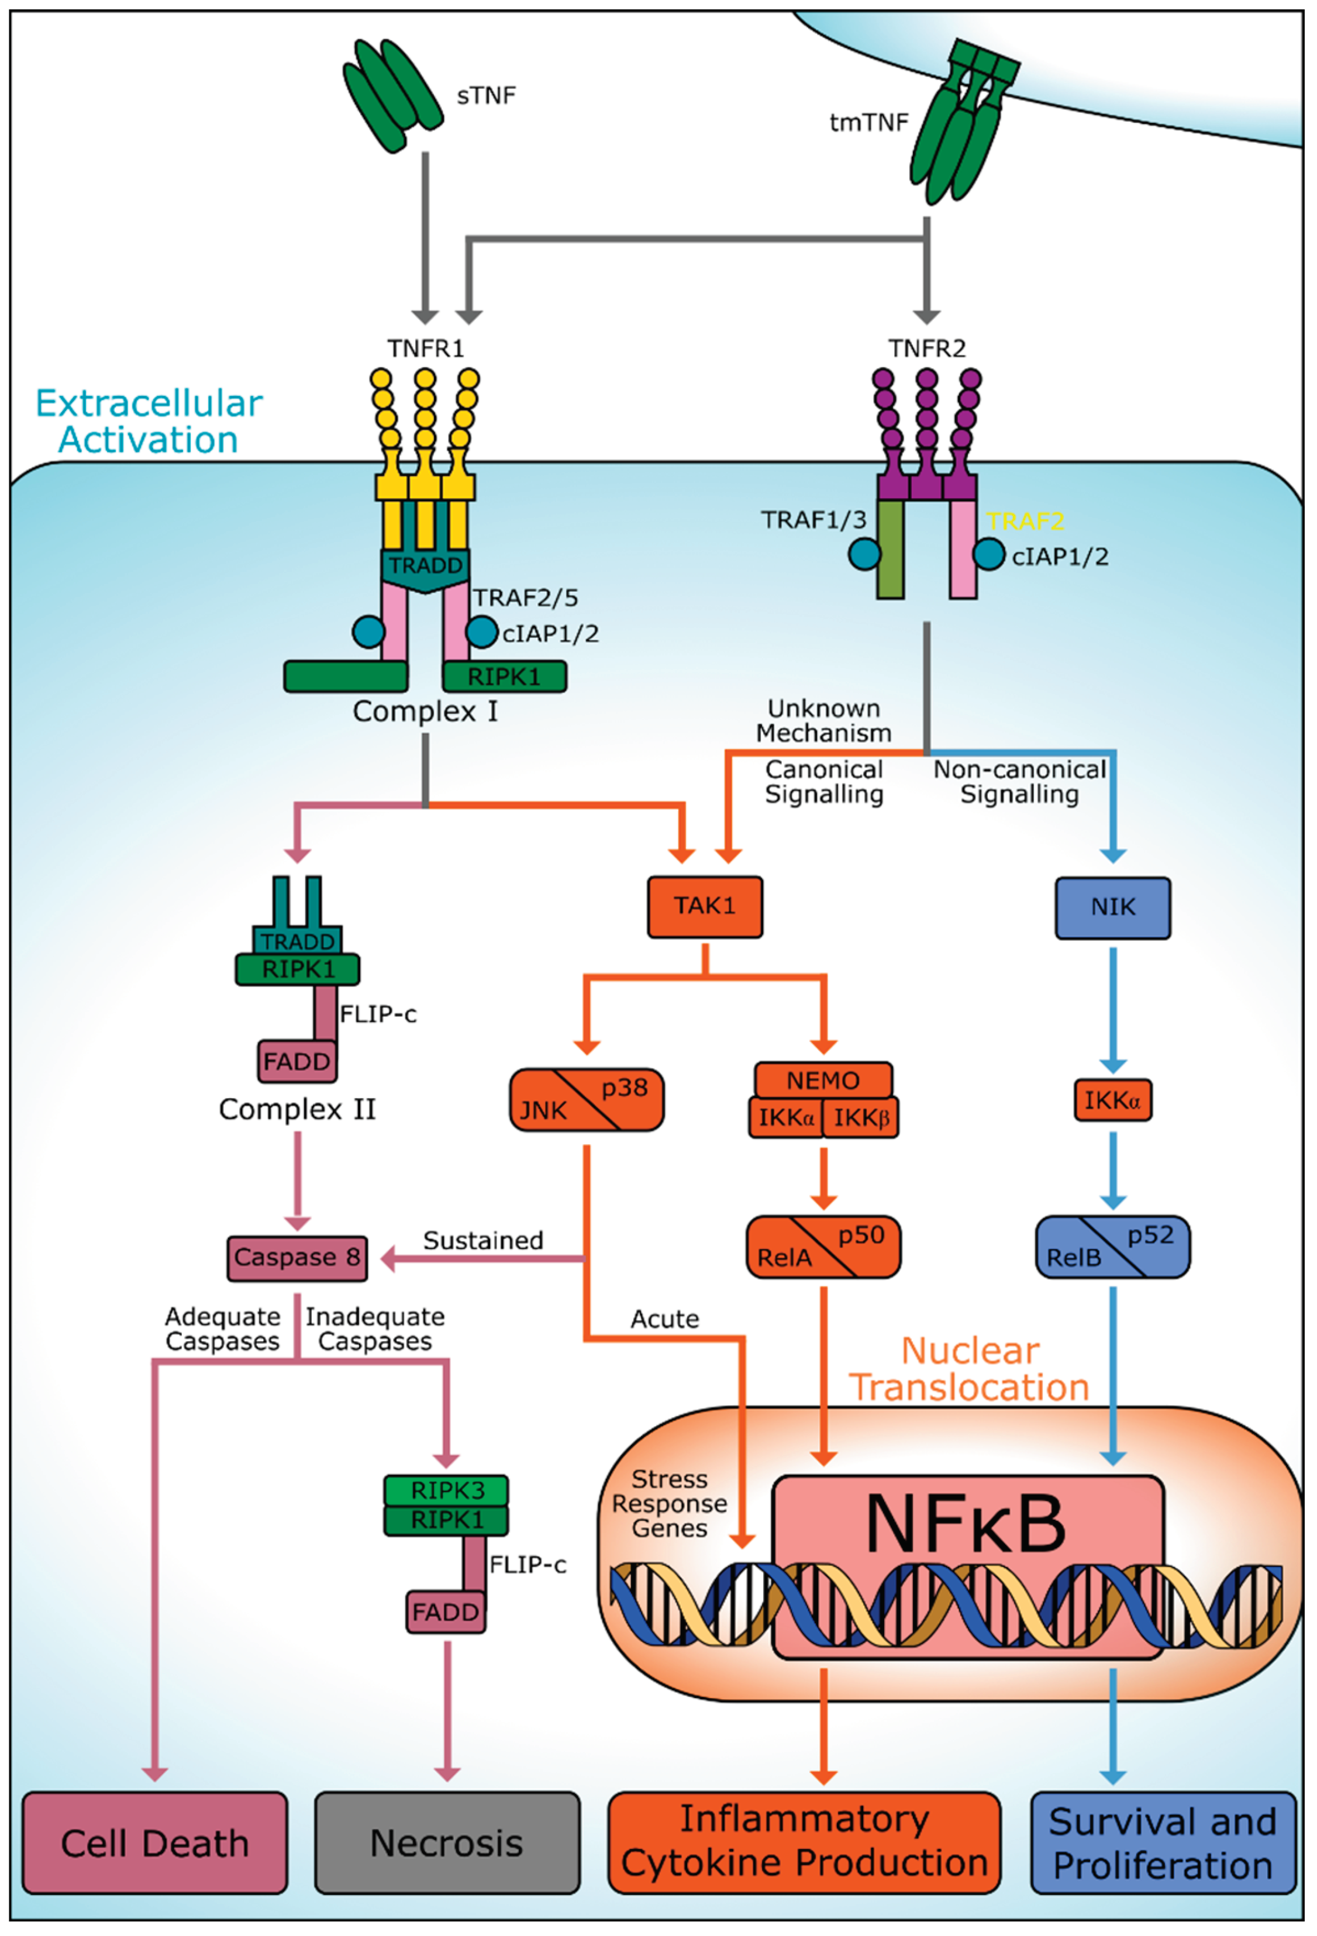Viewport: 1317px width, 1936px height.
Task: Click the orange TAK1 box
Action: [705, 906]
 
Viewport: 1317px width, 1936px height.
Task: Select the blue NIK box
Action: [1112, 907]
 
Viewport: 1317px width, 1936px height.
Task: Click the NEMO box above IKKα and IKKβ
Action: [823, 1081]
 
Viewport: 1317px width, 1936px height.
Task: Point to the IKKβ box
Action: [860, 1118]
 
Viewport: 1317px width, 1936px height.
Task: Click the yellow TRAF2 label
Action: [1025, 522]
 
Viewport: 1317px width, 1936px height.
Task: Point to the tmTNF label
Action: [868, 123]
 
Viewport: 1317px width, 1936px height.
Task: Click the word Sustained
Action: [483, 1240]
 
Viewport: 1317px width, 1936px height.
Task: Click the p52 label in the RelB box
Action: [1150, 1236]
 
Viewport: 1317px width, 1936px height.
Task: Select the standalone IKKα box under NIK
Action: [1112, 1101]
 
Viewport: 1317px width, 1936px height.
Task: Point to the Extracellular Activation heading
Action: [149, 422]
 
